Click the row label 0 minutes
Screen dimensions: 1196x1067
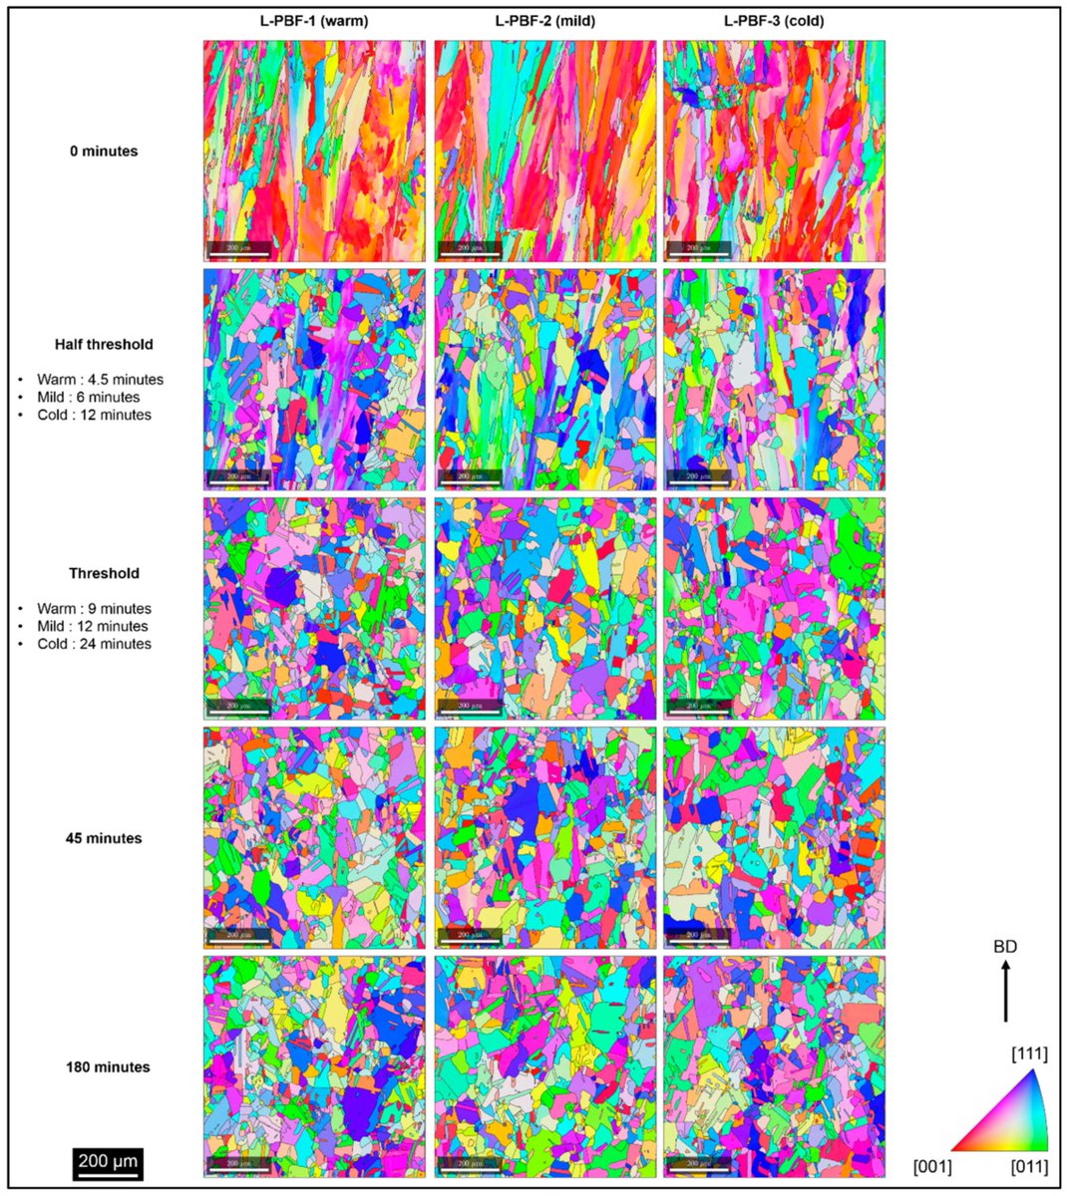click(x=105, y=151)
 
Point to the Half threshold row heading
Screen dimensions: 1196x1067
click(x=105, y=344)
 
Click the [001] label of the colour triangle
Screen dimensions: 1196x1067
click(x=933, y=1165)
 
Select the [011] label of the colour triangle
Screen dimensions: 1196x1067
click(x=1029, y=1165)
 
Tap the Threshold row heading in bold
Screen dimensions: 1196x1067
click(x=105, y=573)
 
